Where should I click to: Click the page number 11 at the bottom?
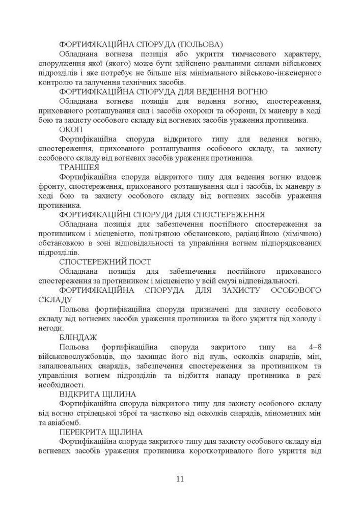180,479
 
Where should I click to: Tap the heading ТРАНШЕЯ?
79,167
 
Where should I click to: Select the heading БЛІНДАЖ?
78,337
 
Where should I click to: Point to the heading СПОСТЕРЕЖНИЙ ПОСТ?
105,262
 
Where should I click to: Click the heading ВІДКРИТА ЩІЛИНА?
97,394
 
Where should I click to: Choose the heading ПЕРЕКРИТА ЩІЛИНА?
101,432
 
